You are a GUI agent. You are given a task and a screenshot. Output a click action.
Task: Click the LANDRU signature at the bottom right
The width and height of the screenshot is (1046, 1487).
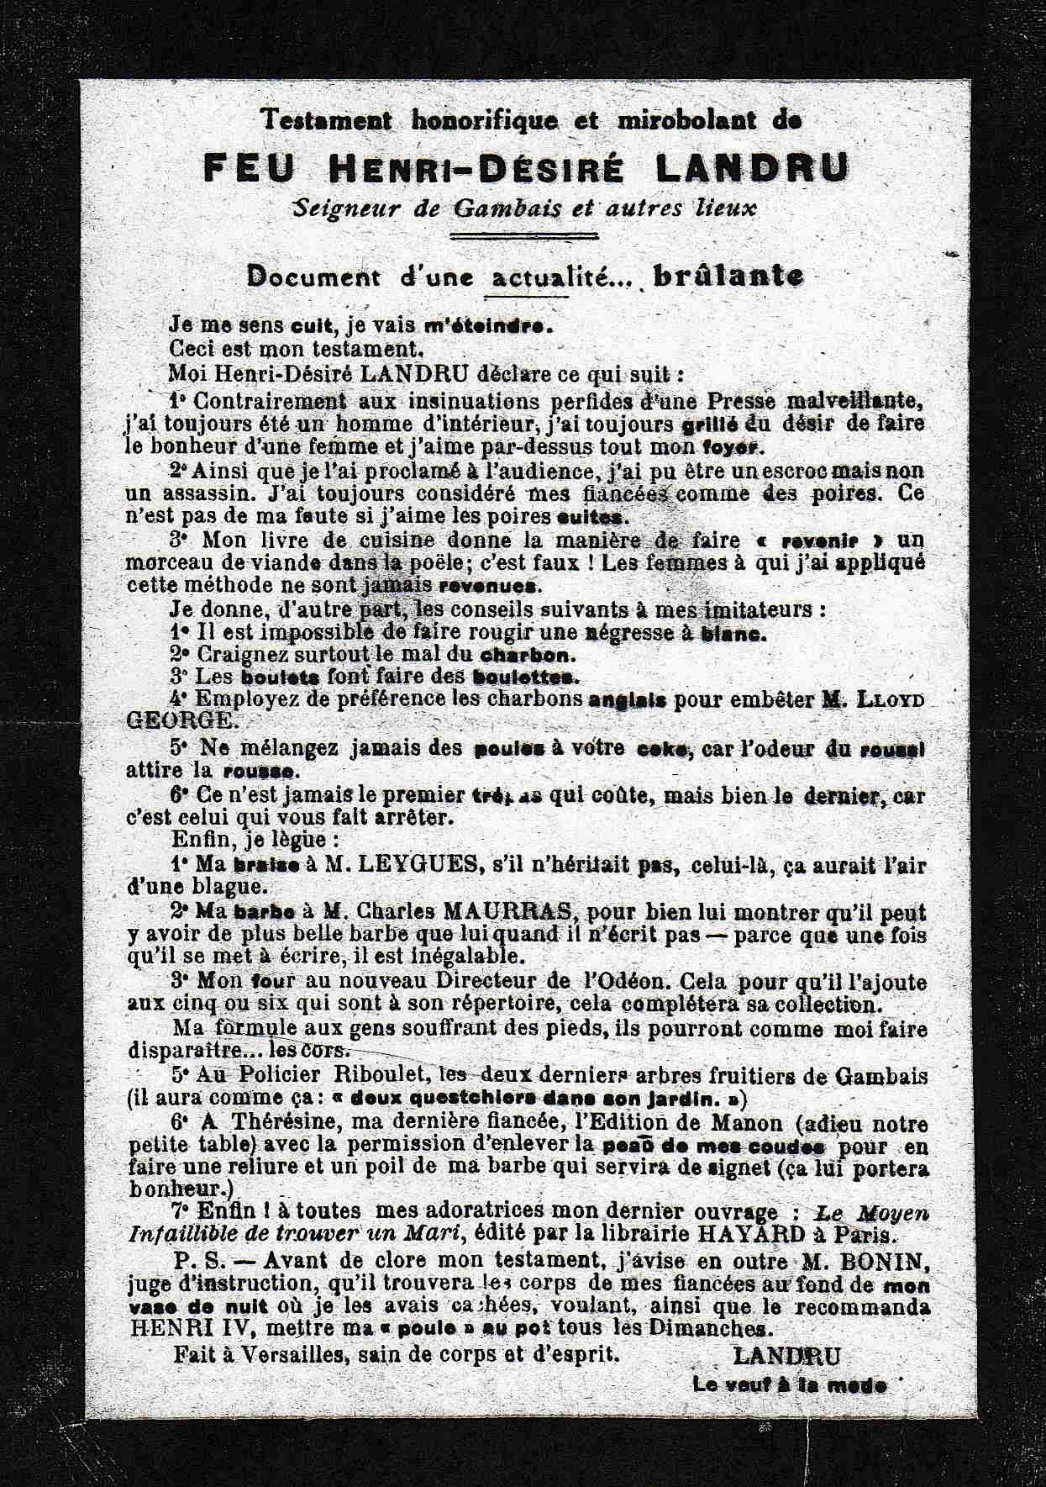point(786,1356)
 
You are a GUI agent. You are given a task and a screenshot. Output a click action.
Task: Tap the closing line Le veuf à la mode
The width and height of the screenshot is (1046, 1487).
point(789,1384)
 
